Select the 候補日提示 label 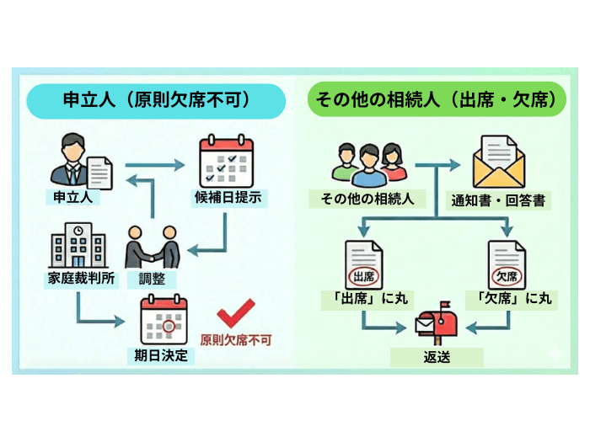click(227, 199)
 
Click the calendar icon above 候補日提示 click(225, 161)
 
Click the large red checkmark click(236, 317)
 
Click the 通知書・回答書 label click(497, 201)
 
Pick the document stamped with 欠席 click(507, 265)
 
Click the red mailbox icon click(437, 322)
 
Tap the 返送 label click(437, 356)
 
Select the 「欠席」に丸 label click(509, 298)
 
